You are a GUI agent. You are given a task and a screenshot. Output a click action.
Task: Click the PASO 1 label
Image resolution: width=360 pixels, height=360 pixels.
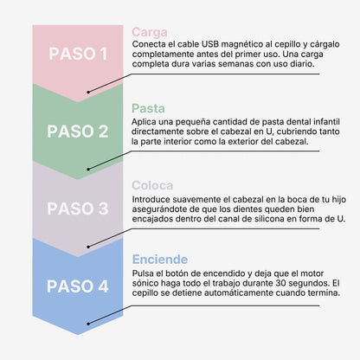[x=78, y=54]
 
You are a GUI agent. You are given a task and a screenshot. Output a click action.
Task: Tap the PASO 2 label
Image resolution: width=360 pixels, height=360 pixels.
[x=78, y=132]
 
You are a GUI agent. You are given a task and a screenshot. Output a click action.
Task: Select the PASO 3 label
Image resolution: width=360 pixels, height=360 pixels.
[x=78, y=209]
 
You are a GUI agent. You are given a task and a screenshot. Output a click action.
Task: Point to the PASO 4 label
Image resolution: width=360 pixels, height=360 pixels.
[x=78, y=286]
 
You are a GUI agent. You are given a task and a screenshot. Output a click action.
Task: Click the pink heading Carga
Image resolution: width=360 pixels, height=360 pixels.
[x=150, y=32]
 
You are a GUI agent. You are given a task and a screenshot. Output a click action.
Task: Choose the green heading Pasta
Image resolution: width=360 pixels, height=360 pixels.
[x=148, y=108]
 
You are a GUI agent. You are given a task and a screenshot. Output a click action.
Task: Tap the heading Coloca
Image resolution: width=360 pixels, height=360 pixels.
[x=152, y=185]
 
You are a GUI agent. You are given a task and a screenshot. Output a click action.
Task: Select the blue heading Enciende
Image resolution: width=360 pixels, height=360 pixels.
[x=160, y=260]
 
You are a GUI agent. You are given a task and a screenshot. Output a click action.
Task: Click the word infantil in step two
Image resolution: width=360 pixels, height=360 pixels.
[x=326, y=121]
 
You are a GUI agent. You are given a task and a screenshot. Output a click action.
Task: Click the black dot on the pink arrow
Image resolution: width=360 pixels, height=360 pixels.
[x=88, y=92]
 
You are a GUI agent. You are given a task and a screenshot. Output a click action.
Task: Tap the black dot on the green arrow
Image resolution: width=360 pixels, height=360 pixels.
[x=88, y=170]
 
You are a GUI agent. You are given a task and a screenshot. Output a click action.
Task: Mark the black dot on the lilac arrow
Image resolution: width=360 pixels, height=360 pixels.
[x=88, y=247]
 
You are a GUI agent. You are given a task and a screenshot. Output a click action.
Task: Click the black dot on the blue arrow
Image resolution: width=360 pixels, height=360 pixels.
[x=88, y=324]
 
